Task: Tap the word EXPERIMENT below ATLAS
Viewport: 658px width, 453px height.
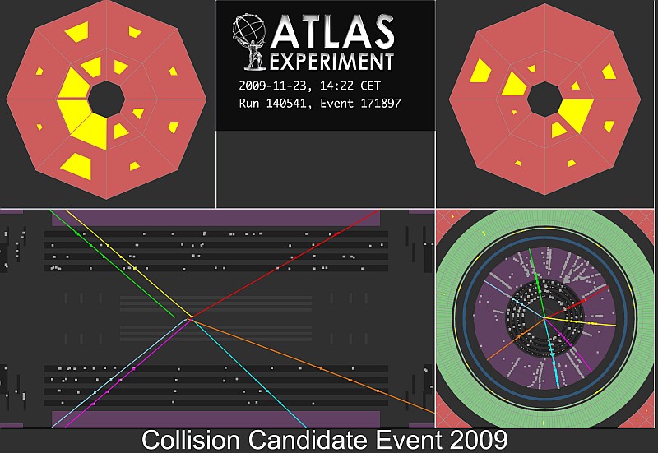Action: pos(331,62)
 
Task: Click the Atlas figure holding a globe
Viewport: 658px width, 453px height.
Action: pos(250,42)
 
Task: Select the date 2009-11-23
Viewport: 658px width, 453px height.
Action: pos(276,86)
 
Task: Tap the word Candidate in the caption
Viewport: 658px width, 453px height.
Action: pos(308,440)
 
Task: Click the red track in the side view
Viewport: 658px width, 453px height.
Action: pos(285,263)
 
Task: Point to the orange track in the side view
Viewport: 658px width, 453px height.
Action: pos(313,366)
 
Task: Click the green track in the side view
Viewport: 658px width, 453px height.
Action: pos(112,263)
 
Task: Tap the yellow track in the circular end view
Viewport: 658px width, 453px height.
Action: pos(580,321)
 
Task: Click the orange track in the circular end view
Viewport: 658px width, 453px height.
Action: pos(516,340)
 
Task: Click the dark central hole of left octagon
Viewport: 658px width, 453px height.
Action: pos(107,99)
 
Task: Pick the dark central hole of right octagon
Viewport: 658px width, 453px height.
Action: pos(544,99)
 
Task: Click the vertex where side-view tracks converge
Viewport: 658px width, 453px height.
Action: pos(191,319)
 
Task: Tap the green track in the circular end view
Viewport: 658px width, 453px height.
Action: pos(537,284)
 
